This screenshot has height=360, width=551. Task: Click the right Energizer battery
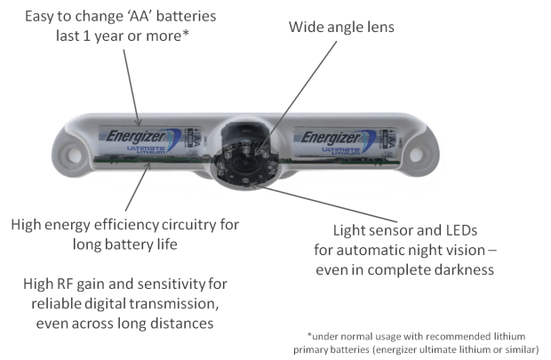pyautogui.click(x=343, y=140)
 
